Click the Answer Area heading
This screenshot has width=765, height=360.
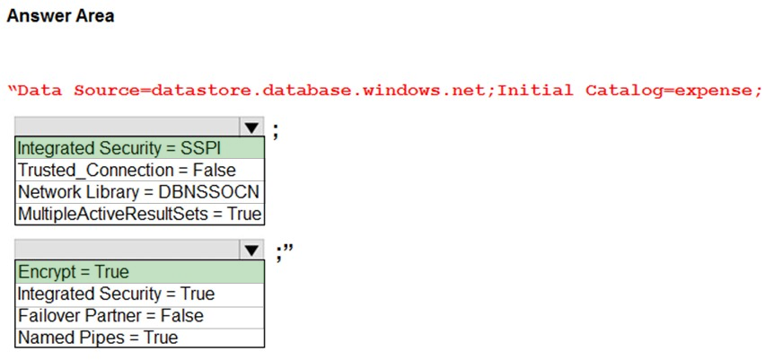tap(60, 16)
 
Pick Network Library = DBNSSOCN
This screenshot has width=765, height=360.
tap(138, 192)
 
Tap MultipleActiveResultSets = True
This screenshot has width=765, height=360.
tap(139, 214)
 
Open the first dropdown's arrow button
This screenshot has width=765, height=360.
tap(251, 127)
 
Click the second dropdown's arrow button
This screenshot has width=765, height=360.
tap(251, 250)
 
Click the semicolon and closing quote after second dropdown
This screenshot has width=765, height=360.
tap(284, 253)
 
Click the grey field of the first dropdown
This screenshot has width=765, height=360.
tap(127, 127)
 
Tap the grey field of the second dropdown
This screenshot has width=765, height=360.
tap(127, 250)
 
